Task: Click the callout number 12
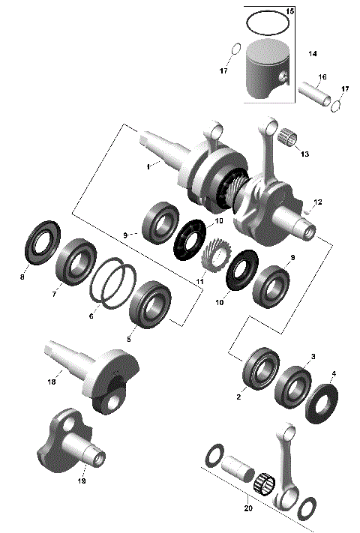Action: point(317,202)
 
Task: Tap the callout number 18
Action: point(52,382)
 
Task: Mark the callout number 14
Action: point(313,55)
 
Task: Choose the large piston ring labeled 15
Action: point(260,24)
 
